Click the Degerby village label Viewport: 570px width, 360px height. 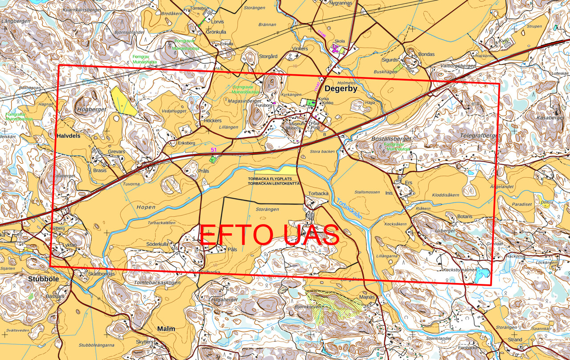pos(341,89)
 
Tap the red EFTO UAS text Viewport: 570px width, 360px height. pos(269,235)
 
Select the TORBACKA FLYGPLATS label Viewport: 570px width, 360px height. pos(273,178)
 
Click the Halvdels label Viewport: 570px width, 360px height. pos(69,136)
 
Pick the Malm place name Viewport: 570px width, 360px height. pos(166,328)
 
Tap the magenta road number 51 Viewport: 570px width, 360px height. pos(214,150)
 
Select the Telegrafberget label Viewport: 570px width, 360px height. pos(479,135)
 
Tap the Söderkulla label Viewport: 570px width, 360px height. pos(157,244)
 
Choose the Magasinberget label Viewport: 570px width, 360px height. pos(244,101)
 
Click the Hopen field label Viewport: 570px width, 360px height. pos(146,207)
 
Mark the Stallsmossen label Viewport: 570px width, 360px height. pos(367,192)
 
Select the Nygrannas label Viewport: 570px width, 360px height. pos(340,3)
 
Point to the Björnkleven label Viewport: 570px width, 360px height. pos(308,307)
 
